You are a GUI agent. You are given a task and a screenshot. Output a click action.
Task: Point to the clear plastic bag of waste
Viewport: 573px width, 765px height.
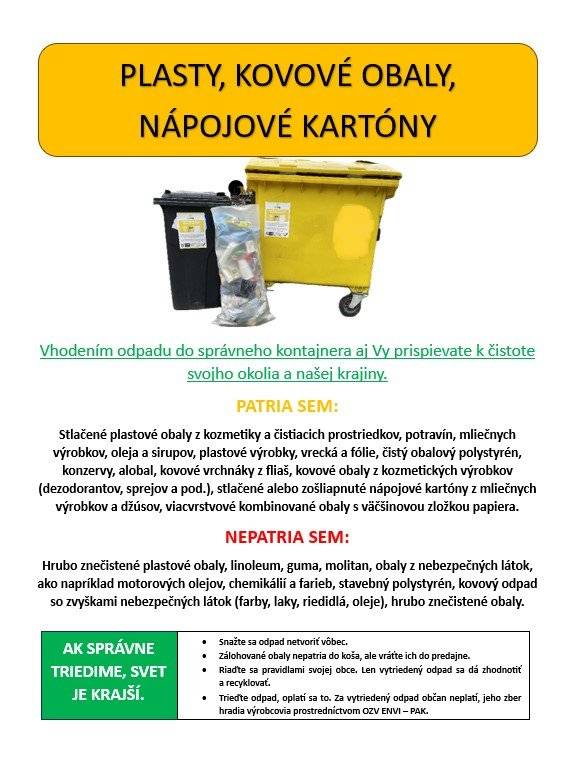241,266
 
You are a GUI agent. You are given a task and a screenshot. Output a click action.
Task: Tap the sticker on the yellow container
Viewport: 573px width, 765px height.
281,221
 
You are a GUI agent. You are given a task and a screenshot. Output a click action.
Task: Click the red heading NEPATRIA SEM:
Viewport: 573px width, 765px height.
287,538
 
